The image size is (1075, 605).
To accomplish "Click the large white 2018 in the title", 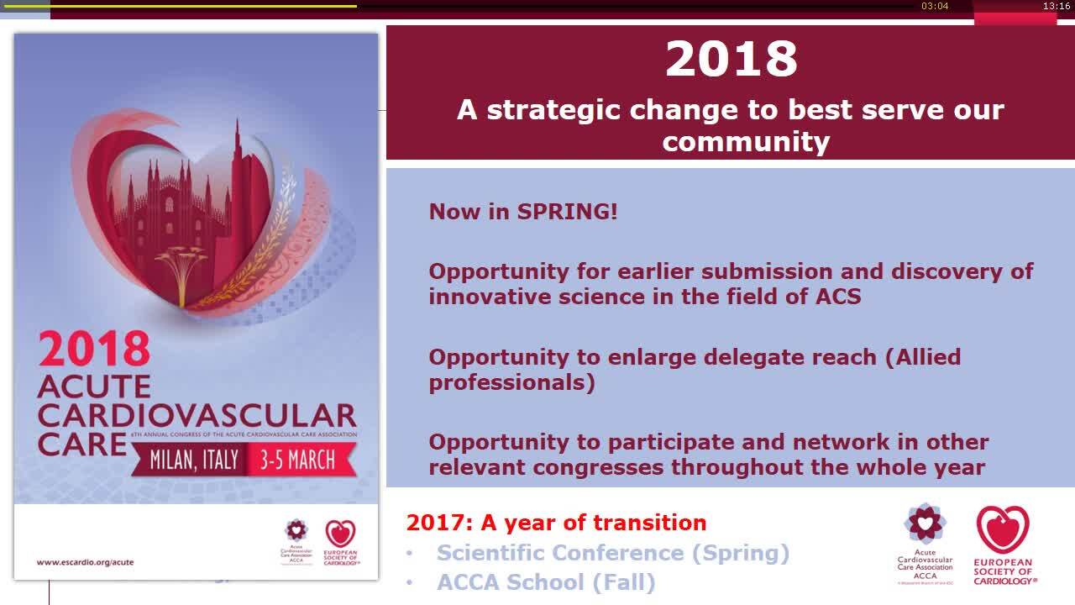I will tap(731, 60).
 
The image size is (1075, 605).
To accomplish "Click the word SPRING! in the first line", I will tap(567, 212).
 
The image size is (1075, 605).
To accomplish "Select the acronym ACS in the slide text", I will tap(837, 297).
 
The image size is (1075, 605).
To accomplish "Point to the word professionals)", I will tap(511, 382).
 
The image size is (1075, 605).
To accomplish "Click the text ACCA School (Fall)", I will tap(546, 582).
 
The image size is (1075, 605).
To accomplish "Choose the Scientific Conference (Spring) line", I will tap(613, 553).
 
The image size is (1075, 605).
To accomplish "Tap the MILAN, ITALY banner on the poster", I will tap(194, 460).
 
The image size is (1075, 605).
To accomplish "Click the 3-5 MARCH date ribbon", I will tap(297, 460).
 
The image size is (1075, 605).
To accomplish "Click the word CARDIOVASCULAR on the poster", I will tap(197, 415).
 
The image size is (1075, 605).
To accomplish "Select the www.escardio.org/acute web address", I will tap(85, 562).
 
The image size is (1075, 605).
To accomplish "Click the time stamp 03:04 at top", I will tap(935, 6).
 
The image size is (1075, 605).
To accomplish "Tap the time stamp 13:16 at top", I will tap(1056, 6).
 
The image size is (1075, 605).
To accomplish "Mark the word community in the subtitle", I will tap(746, 141).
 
